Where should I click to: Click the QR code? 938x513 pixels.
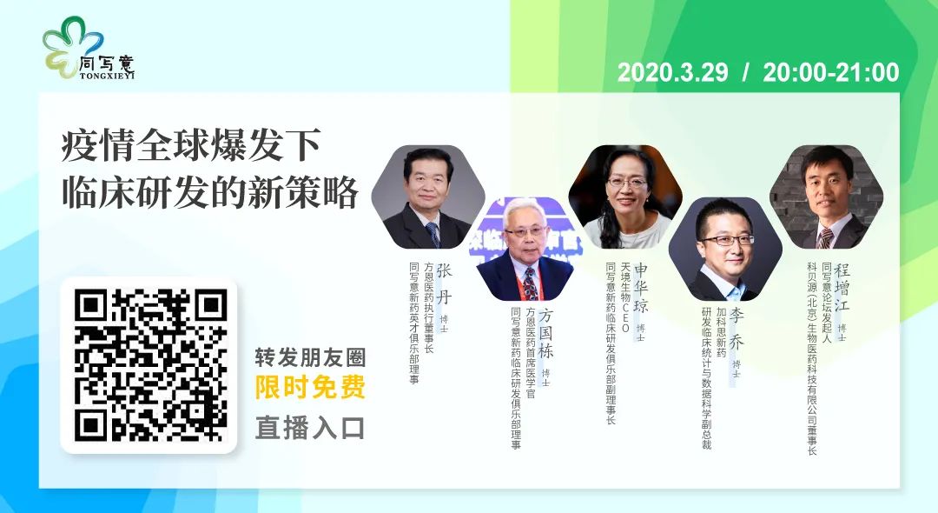pyautogui.click(x=150, y=365)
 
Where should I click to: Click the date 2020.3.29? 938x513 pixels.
pyautogui.click(x=672, y=72)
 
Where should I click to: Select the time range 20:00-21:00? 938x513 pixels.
pyautogui.click(x=831, y=72)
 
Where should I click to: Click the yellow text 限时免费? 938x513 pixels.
pyautogui.click(x=310, y=387)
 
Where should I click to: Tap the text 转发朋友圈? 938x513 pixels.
pyautogui.click(x=310, y=358)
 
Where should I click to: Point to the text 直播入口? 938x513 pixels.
pyautogui.click(x=310, y=429)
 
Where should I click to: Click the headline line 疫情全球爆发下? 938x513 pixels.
pyautogui.click(x=191, y=145)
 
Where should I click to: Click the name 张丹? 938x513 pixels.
pyautogui.click(x=445, y=283)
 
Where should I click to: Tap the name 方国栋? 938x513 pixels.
pyautogui.click(x=545, y=333)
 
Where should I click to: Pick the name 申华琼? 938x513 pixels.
pyautogui.click(x=641, y=288)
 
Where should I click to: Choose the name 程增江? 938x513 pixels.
pyautogui.click(x=842, y=288)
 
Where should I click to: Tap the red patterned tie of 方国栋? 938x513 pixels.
pyautogui.click(x=530, y=283)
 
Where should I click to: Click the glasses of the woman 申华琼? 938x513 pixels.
pyautogui.click(x=628, y=182)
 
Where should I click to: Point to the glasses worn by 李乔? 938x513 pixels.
pyautogui.click(x=727, y=240)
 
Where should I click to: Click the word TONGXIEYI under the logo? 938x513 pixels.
pyautogui.click(x=107, y=76)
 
